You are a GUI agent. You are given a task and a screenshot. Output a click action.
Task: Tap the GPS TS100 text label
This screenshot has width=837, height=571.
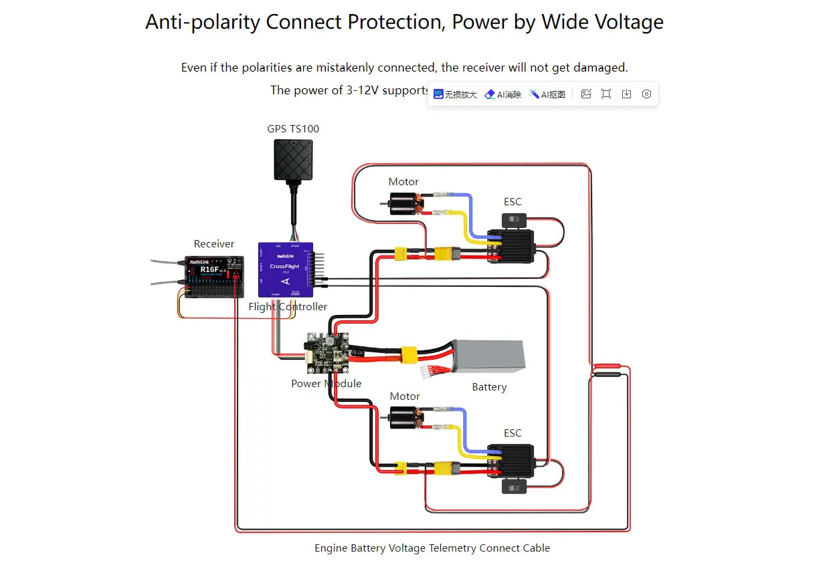click(x=293, y=129)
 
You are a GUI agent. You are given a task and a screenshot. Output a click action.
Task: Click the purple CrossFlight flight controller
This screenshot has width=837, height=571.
click(x=286, y=269)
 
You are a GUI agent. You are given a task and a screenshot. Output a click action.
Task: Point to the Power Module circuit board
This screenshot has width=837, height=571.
click(x=328, y=353)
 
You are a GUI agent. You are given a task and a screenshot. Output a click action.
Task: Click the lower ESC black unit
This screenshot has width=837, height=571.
click(x=510, y=461)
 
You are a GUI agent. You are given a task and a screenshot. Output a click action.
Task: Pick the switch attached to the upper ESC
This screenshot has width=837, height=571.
click(x=514, y=219)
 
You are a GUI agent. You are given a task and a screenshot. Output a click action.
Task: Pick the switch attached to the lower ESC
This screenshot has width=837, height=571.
click(x=515, y=487)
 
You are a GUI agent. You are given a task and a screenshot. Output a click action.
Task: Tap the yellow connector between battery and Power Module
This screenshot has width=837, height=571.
click(x=409, y=354)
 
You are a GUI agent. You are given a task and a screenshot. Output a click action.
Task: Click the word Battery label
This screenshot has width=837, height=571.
click(x=489, y=387)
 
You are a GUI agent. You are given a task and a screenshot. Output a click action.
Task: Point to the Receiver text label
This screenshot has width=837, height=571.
click(x=214, y=244)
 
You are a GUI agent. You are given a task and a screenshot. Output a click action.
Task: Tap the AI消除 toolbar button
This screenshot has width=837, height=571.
click(x=503, y=94)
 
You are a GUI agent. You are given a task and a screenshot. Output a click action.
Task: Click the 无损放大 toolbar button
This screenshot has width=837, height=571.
click(x=456, y=94)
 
